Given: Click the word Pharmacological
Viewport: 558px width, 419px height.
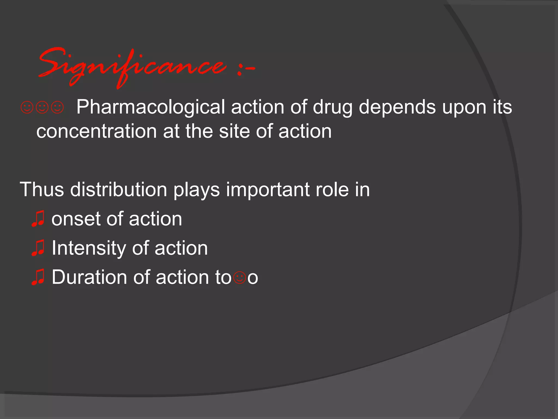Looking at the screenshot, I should tap(150, 107).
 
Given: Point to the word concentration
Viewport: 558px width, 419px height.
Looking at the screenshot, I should tap(96, 131).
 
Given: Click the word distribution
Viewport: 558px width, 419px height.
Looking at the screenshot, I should tap(119, 189).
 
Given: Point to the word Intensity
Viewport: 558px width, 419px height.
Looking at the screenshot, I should tap(89, 248).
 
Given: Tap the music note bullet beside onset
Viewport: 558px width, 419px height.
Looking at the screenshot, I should tap(38, 219).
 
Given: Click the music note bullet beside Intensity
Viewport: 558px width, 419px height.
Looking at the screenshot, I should tap(38, 248).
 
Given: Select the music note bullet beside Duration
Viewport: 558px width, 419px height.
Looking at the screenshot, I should tap(38, 277).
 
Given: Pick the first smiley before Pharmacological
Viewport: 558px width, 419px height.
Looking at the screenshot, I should tap(27, 107).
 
